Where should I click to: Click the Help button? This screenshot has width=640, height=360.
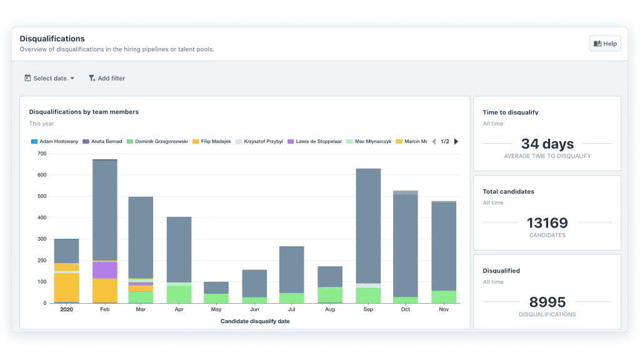point(605,44)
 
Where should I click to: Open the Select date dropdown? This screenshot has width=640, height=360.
point(49,78)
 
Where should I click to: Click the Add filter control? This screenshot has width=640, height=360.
point(107,78)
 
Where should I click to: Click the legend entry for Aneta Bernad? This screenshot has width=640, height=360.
point(104,141)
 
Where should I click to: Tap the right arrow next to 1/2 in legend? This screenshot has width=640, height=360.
point(456,141)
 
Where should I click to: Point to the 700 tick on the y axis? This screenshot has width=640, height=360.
point(42,153)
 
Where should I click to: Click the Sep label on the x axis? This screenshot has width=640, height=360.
point(367,309)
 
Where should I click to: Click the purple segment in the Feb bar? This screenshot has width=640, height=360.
point(104,270)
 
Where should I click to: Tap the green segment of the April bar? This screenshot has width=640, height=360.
point(179,294)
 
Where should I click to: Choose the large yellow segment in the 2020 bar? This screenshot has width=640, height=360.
point(66,287)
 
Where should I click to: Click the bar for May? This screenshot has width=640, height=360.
point(216,292)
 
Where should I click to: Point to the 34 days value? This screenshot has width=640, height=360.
point(547,144)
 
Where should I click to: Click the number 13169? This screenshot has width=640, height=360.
point(547,223)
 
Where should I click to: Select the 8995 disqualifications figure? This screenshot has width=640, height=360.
point(547,302)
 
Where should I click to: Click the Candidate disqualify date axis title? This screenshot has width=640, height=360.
point(254,321)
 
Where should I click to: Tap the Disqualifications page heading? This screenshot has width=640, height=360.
point(52,39)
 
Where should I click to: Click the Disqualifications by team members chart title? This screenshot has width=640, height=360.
point(84,112)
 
